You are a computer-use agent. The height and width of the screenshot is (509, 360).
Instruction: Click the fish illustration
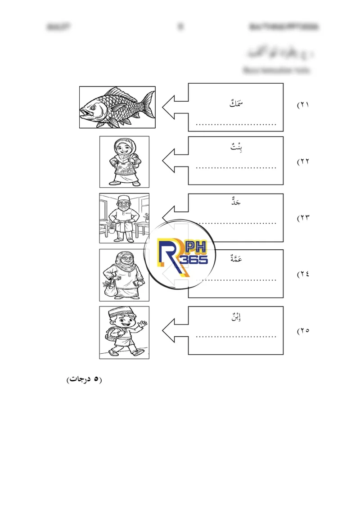click(117, 108)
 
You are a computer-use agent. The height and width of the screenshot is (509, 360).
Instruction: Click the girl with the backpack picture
click(124, 162)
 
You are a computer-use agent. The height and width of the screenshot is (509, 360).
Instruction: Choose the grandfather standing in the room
click(124, 218)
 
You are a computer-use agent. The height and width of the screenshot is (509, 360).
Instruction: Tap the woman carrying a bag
click(124, 275)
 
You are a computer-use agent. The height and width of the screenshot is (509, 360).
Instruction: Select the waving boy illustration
click(124, 332)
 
